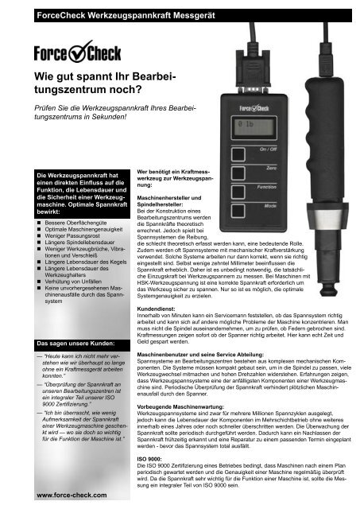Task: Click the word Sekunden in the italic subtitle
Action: pyautogui.click(x=102, y=126)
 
